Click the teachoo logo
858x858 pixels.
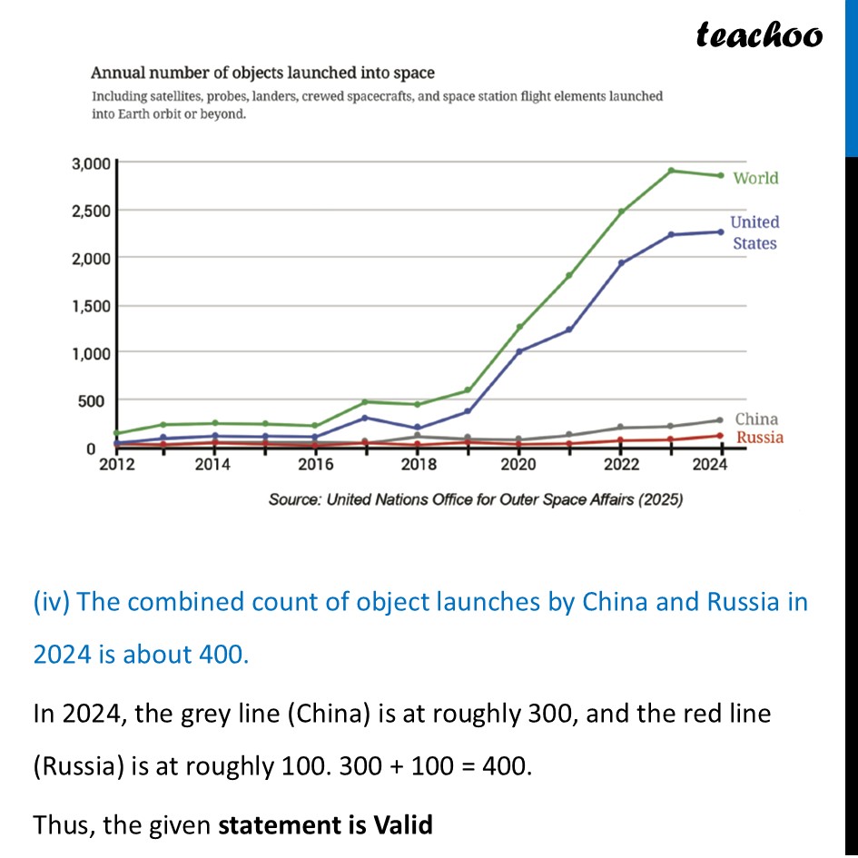[759, 35]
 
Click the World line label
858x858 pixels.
[755, 178]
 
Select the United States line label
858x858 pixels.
[754, 232]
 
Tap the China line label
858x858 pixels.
[756, 419]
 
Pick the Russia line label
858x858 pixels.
[759, 439]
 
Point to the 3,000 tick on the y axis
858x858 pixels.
[90, 164]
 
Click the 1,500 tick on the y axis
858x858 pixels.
[90, 306]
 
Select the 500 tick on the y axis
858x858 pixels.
[96, 400]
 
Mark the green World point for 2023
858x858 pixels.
[671, 171]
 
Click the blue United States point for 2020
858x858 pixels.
[519, 351]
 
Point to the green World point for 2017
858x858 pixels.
[365, 401]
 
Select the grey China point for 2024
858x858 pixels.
[720, 420]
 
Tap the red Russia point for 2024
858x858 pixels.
[720, 436]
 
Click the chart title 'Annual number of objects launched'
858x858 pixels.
[261, 73]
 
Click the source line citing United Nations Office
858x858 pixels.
[475, 499]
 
